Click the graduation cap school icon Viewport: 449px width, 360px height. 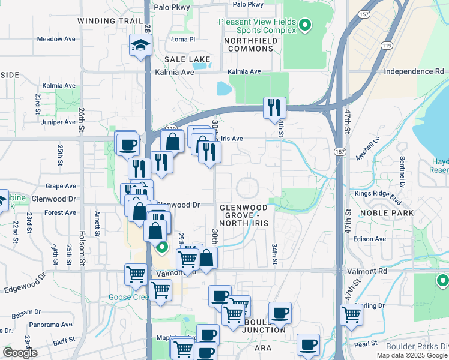140,46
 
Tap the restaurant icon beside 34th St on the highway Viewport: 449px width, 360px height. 274,109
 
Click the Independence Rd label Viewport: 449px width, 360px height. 409,71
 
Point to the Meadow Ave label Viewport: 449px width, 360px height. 56,39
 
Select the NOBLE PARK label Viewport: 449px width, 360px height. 387,213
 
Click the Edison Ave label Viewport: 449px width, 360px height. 386,239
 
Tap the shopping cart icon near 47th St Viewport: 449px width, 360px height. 351,314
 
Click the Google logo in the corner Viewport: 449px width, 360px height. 20,353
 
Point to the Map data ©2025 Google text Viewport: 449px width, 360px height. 412,355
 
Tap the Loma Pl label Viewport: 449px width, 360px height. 183,39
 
